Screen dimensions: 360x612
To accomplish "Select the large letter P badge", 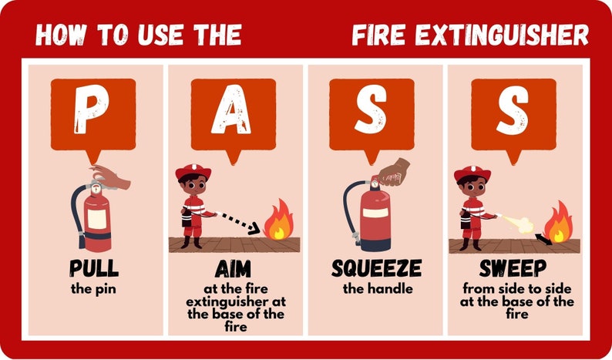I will [x=92, y=113].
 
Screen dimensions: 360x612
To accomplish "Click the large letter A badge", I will [x=233, y=113].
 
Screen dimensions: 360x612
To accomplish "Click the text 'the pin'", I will [x=93, y=289].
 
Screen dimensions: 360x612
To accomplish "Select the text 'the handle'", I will [x=376, y=289].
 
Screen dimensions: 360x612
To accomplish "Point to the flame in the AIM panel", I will [x=278, y=221].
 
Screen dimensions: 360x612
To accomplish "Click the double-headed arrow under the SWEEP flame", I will [x=544, y=241].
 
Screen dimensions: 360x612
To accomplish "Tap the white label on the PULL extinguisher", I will [x=97, y=219].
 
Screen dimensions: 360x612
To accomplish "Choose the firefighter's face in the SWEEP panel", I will [x=470, y=187].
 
